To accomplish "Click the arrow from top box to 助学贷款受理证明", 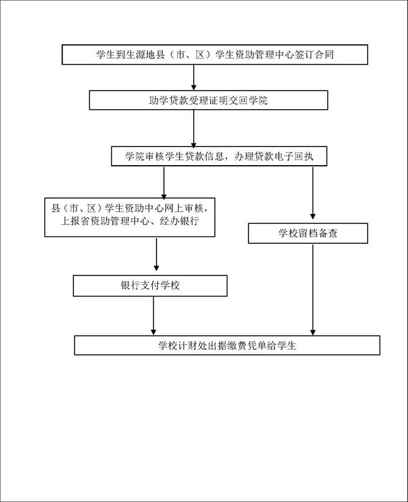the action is pyautogui.click(x=194, y=77).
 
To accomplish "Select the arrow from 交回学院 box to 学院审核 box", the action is pyautogui.click(x=194, y=128).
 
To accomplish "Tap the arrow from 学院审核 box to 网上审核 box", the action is pyautogui.click(x=164, y=182).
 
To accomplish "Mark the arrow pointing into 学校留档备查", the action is pyautogui.click(x=313, y=192).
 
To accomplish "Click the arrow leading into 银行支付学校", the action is pyautogui.click(x=156, y=254).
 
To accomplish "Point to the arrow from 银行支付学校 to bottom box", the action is pyautogui.click(x=153, y=316).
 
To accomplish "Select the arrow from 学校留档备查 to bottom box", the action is pyautogui.click(x=313, y=289).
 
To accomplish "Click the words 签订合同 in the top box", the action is pyautogui.click(x=314, y=55).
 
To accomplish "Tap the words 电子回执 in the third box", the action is pyautogui.click(x=293, y=156).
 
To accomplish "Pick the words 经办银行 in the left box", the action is pyautogui.click(x=179, y=221).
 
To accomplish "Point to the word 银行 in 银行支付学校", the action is pyautogui.click(x=130, y=285).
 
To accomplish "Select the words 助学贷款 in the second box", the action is pyautogui.click(x=168, y=101).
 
